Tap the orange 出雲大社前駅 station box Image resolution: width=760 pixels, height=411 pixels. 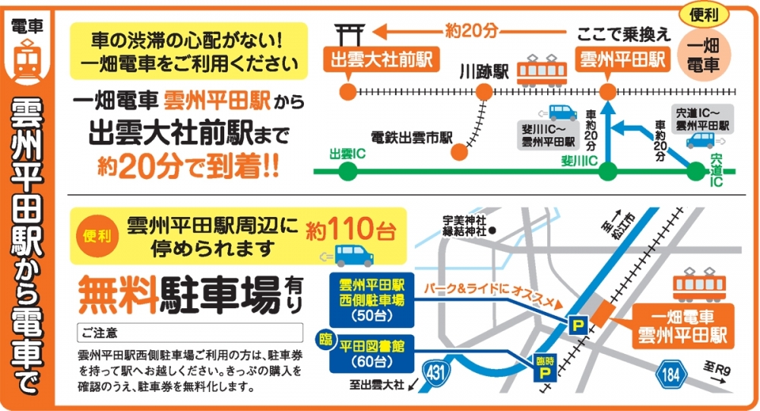point(364,59)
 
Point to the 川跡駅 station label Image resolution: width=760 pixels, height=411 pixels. point(484,72)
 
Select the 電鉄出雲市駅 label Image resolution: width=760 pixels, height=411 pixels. point(411,139)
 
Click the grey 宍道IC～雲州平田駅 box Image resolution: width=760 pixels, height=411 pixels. point(702,116)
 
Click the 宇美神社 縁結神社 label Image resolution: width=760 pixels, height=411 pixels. point(465,227)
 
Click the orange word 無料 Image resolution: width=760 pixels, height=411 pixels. point(117,292)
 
